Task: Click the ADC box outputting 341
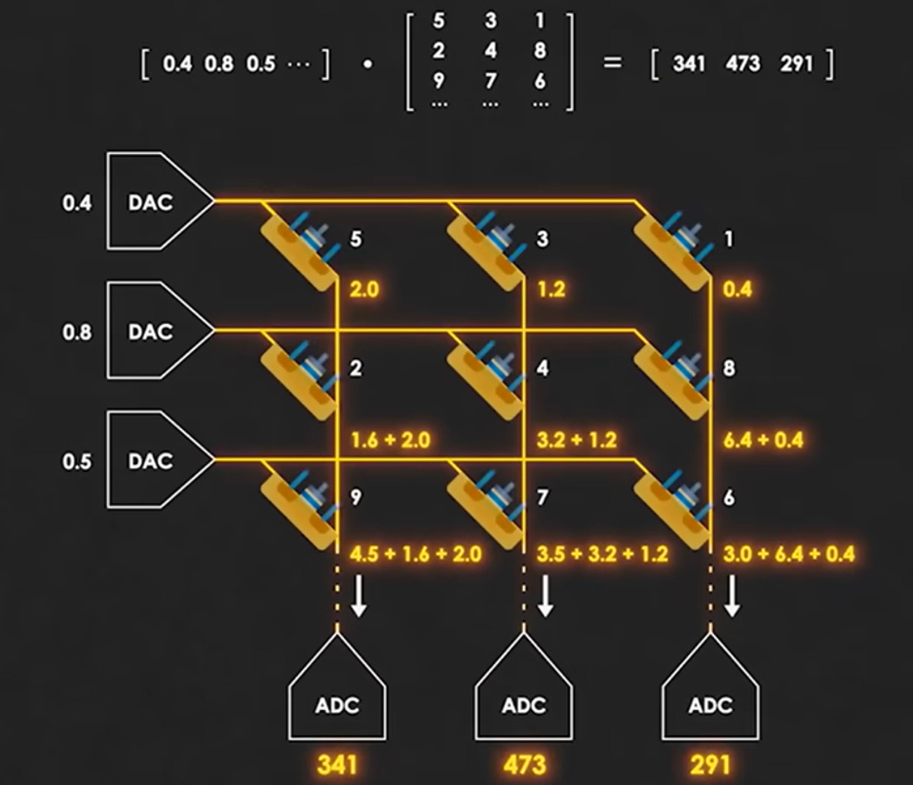337,693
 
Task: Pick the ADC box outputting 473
523,693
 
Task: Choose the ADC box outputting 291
709,693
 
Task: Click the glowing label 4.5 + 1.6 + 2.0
416,554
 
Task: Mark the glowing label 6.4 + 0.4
763,440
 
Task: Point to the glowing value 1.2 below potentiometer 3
551,289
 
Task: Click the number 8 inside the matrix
540,50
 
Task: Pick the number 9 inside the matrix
438,80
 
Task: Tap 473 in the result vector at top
743,63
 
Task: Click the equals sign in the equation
613,62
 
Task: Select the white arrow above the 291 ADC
732,596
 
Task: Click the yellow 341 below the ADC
337,765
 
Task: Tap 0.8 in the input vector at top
219,63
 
